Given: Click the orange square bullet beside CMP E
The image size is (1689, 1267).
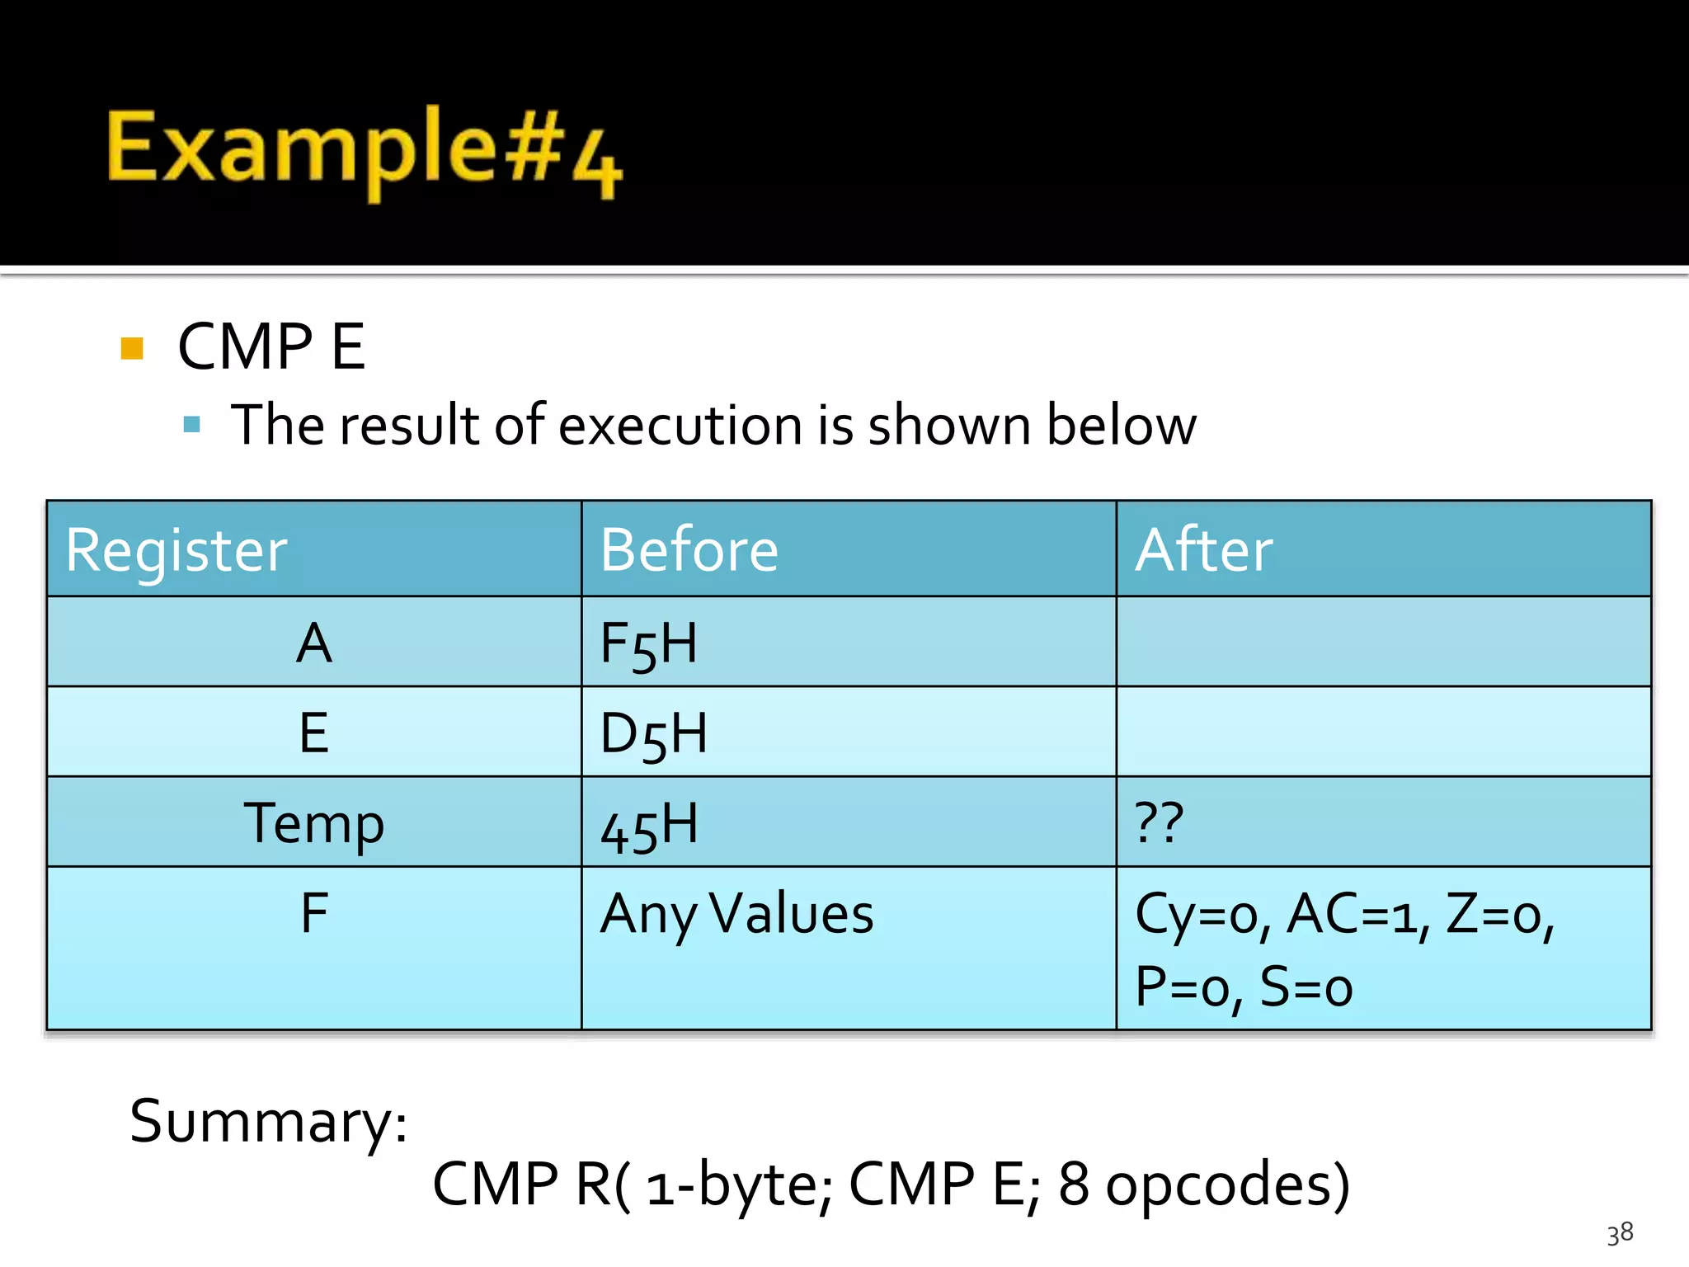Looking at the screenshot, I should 132,348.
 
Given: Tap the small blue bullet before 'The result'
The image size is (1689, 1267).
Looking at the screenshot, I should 192,425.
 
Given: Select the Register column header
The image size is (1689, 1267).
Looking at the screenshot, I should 176,550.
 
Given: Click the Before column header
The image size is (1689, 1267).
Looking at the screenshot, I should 689,550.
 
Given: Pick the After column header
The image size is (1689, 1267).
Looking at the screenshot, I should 1203,550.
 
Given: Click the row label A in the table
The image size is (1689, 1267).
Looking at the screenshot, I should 313,643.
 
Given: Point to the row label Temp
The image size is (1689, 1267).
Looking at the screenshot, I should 313,823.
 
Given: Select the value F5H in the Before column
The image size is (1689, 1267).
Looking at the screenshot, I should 648,644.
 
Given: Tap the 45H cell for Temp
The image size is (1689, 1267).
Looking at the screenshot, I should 649,825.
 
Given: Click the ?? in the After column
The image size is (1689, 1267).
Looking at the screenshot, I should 1159,822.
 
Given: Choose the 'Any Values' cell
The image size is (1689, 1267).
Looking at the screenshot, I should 736,914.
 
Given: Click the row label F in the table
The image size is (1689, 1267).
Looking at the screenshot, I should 313,913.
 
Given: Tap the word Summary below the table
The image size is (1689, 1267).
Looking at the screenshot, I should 268,1122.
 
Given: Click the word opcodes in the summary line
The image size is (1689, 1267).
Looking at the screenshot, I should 1226,1185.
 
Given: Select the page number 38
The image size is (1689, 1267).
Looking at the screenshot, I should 1620,1233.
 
